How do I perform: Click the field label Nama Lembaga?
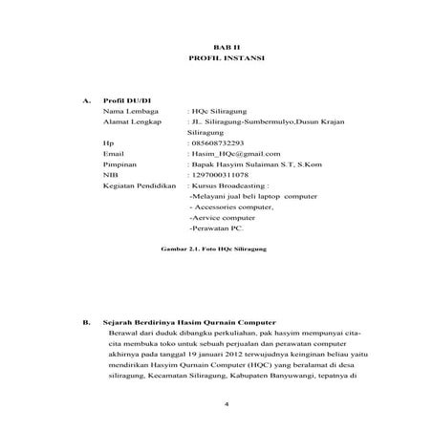[x=128, y=111]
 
